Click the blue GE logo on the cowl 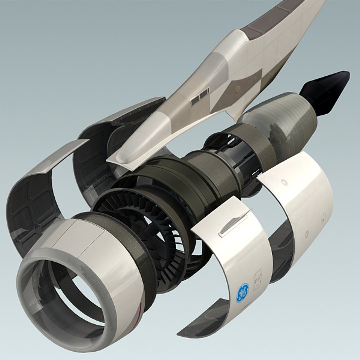coord(242,293)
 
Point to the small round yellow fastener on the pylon coord(237,89)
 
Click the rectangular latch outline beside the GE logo coord(257,280)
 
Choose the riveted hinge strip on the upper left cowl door coord(133,113)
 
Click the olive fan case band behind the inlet coord(133,240)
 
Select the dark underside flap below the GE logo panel coord(203,320)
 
